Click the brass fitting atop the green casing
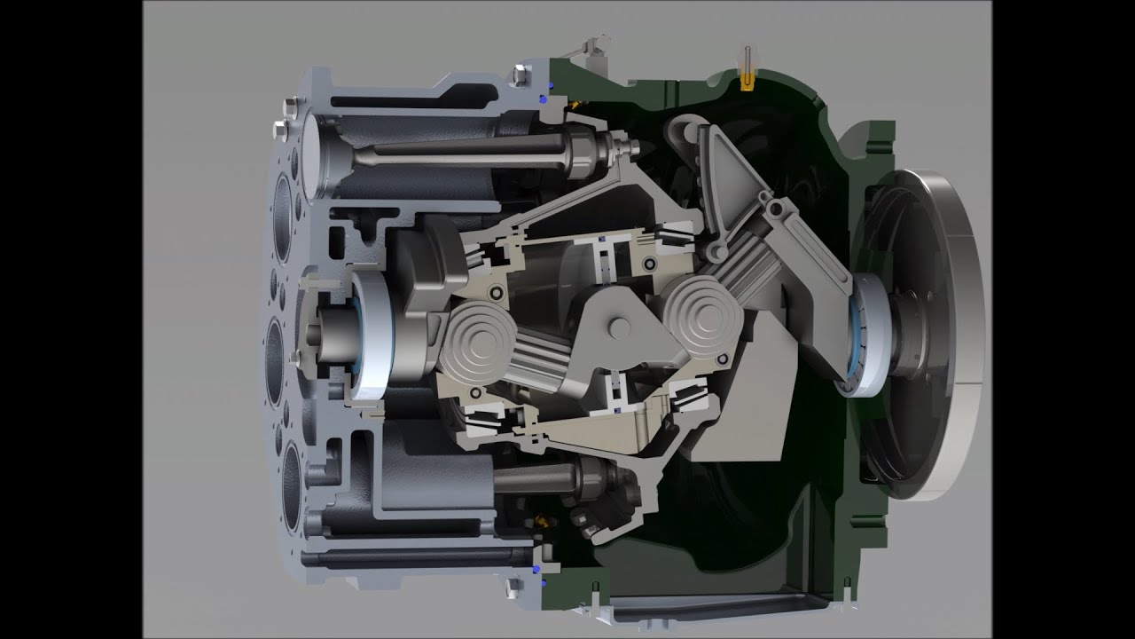[748, 81]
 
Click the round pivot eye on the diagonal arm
[777, 209]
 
